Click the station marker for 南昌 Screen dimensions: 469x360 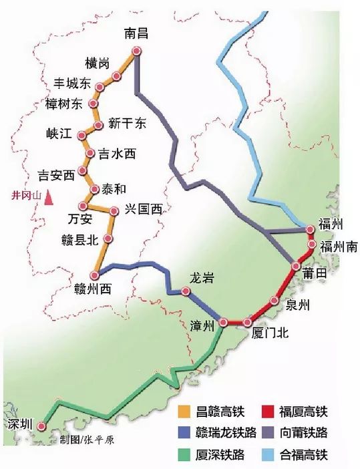(137, 51)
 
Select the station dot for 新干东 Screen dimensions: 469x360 (99, 125)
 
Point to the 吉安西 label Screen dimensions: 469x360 (57, 176)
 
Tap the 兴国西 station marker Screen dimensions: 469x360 (114, 211)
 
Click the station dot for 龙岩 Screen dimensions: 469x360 (185, 291)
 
